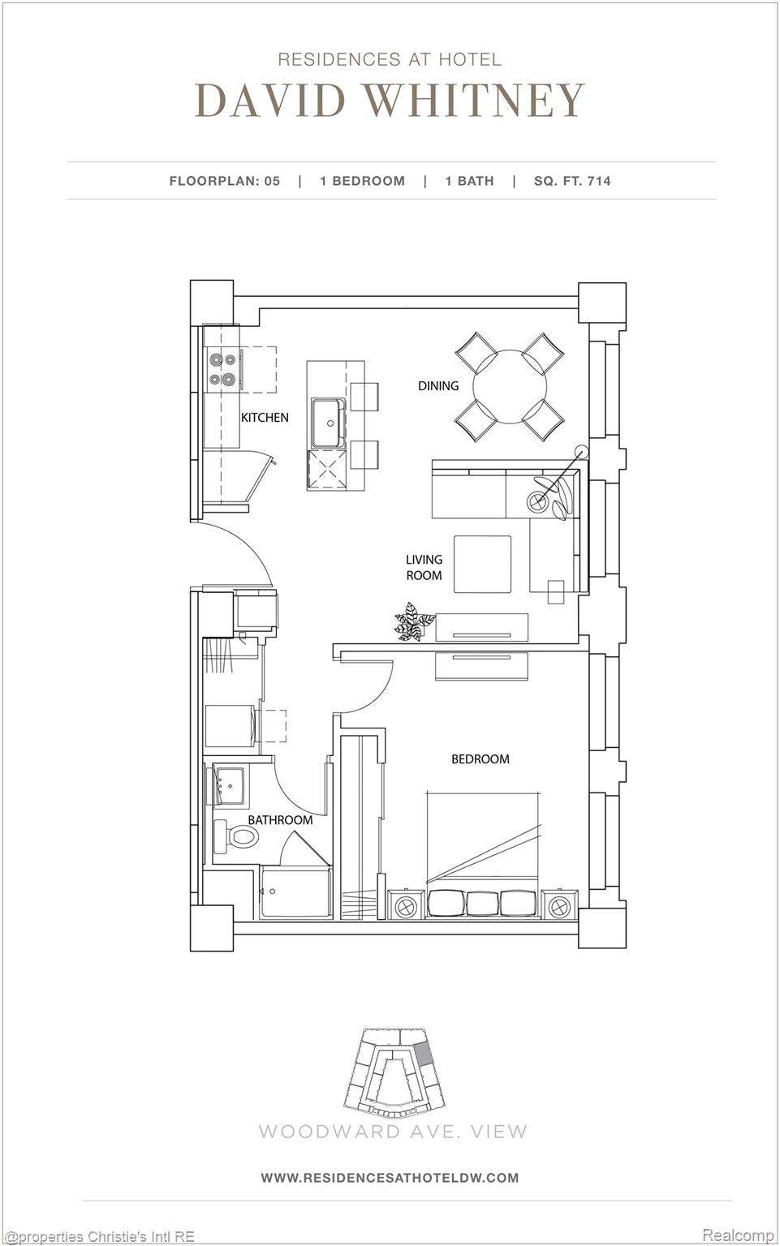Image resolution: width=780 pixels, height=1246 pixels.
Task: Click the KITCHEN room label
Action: pos(265,417)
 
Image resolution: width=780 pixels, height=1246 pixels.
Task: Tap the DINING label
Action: pos(438,385)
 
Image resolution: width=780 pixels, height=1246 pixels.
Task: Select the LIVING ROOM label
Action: pos(424,567)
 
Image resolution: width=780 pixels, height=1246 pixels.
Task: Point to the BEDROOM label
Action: pos(480,758)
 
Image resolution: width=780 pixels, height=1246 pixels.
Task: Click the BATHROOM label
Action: pos(280,820)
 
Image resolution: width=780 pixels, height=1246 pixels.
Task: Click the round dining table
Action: pos(509,386)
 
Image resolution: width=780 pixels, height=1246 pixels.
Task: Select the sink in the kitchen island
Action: pos(328,422)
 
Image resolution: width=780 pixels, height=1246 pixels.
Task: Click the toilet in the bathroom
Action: pos(237,836)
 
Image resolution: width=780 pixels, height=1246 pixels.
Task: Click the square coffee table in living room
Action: pos(482,565)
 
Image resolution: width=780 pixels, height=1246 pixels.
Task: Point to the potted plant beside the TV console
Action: pos(413,623)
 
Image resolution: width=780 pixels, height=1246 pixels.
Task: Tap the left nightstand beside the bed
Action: pos(406,904)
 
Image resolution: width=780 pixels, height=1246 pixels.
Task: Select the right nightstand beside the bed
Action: pos(560,904)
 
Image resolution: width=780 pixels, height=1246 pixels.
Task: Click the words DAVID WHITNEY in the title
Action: pos(390,101)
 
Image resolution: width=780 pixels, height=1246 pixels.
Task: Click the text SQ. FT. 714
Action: pos(572,181)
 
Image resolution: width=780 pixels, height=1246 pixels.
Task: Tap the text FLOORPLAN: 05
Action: pos(225,181)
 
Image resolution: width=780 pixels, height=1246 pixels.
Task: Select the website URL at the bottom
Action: pos(390,1177)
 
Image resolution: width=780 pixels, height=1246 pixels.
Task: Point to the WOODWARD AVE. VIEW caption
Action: pos(393,1131)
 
